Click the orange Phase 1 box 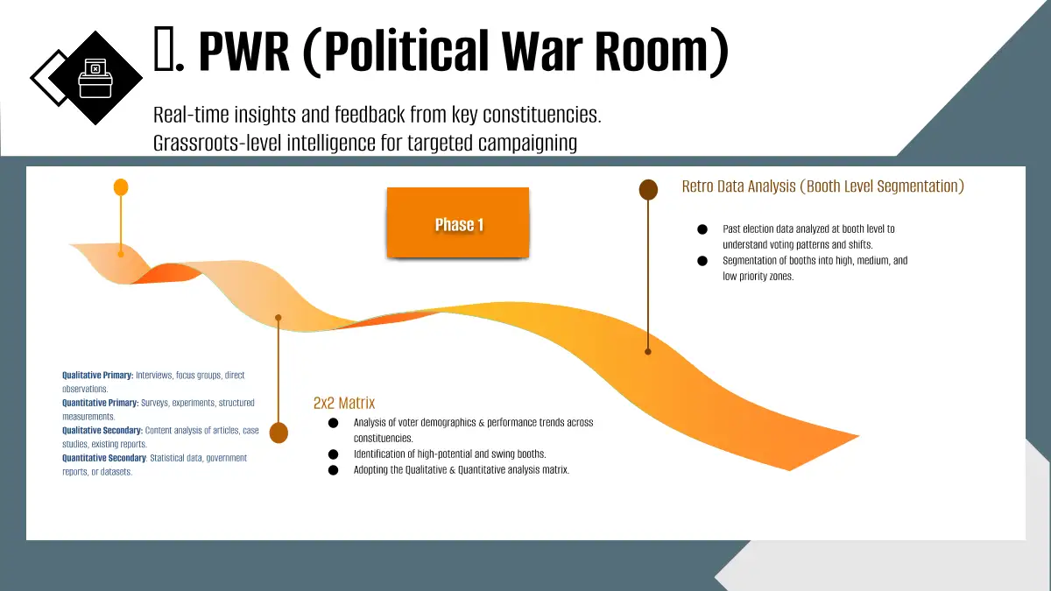tap(458, 222)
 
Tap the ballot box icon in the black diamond tap(95, 78)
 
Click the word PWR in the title tap(244, 51)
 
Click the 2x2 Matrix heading tap(344, 403)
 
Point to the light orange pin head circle tap(121, 187)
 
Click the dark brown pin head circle tap(648, 189)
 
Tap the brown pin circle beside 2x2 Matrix tap(279, 433)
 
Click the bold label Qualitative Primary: tap(98, 376)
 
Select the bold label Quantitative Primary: tap(101, 403)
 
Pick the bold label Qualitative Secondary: tap(102, 431)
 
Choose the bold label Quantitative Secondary tap(104, 458)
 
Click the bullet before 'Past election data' tap(702, 229)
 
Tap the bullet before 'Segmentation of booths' tap(702, 261)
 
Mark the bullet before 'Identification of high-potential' tap(333, 454)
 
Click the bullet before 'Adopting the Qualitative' tap(333, 470)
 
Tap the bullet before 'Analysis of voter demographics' tap(333, 423)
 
